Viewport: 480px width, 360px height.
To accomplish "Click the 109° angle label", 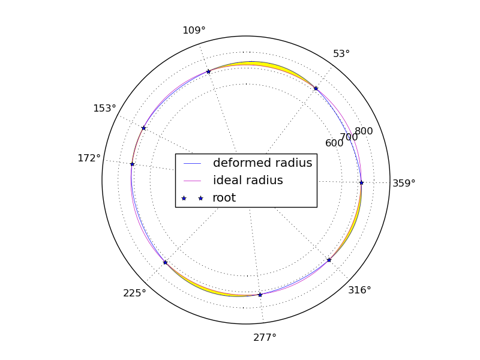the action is coord(194,31).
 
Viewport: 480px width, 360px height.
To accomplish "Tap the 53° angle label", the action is coord(341,54).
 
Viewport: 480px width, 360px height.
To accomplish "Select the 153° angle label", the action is coord(104,109).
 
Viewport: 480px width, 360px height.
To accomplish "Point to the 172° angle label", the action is coord(89,158).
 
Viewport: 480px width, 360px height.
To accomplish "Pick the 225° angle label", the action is coord(134,293).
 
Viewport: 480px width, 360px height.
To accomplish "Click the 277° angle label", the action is coord(265,337).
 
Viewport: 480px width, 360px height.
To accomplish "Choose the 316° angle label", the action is coord(359,290).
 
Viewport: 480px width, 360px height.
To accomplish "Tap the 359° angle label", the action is coord(404,184).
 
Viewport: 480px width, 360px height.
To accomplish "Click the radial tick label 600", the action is coord(334,143).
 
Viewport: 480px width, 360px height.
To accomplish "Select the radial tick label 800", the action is coord(364,131).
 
